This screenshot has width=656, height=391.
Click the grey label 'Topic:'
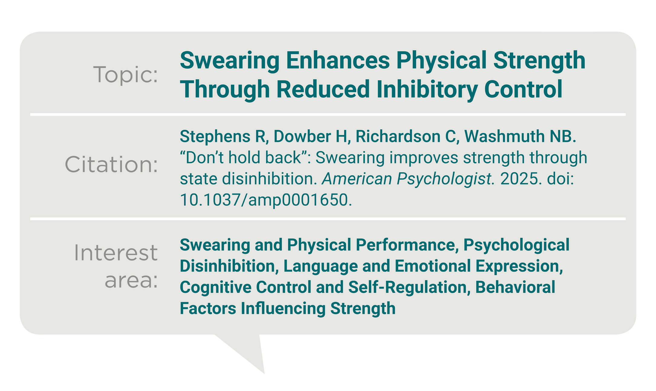pos(125,74)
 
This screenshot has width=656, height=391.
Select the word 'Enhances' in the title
pos(338,60)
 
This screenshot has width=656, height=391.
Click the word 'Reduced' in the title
pos(323,89)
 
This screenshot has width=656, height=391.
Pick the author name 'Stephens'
pos(215,137)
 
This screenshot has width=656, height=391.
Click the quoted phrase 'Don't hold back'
pos(243,158)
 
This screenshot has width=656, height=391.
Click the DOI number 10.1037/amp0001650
pos(266,200)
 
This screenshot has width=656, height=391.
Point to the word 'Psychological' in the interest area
pos(516,245)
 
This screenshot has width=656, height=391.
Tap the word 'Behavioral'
pos(515,287)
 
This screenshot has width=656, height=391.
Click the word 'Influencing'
pos(283,309)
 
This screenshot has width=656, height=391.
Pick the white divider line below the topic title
pos(328,115)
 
